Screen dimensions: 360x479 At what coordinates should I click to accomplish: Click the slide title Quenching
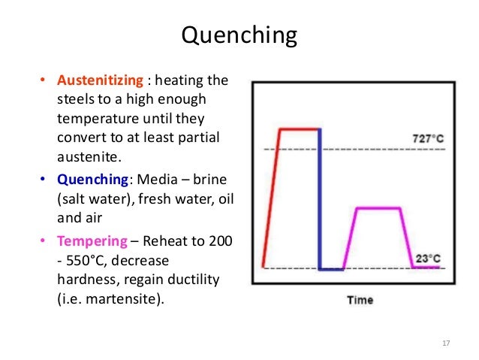pyautogui.click(x=239, y=36)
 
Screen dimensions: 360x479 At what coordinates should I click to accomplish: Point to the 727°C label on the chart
pyautogui.click(x=427, y=139)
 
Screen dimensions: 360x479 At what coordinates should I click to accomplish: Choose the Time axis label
pyautogui.click(x=360, y=300)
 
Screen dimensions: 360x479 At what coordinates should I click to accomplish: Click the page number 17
pyautogui.click(x=446, y=343)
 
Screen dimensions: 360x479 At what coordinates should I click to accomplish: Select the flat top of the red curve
pyautogui.click(x=299, y=129)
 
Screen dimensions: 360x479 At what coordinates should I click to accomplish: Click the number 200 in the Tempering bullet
pyautogui.click(x=221, y=241)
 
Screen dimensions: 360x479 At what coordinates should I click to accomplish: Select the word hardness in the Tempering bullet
pyautogui.click(x=85, y=280)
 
